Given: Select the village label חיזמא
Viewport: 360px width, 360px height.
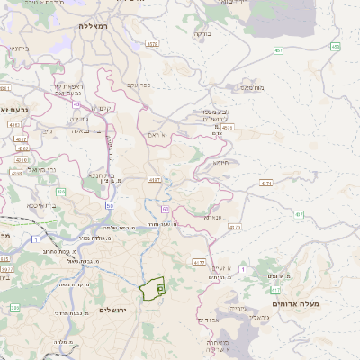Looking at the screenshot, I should pyautogui.click(x=221, y=162).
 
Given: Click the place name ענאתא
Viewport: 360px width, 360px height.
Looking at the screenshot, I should pyautogui.click(x=212, y=217).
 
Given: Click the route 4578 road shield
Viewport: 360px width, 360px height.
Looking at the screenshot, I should pyautogui.click(x=151, y=43).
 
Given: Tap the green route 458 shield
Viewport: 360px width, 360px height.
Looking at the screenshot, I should pyautogui.click(x=335, y=46).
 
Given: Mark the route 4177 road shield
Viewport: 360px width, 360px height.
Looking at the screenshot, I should pyautogui.click(x=156, y=180).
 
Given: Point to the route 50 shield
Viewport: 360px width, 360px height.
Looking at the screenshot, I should pyautogui.click(x=110, y=205).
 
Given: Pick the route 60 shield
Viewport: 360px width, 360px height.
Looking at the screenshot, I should pyautogui.click(x=166, y=209).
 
